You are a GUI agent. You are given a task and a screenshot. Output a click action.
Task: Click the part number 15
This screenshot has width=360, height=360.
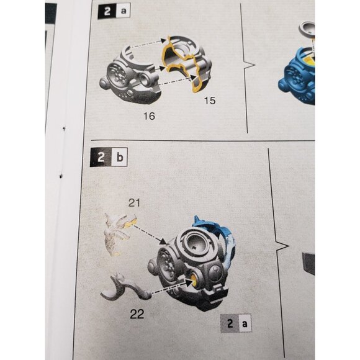pyautogui.click(x=210, y=101)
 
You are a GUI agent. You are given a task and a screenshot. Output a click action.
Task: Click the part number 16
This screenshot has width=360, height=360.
pyautogui.click(x=149, y=116)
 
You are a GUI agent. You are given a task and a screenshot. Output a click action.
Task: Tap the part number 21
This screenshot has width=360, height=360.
pyautogui.click(x=134, y=203)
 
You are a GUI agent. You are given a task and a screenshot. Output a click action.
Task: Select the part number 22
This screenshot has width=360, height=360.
pyautogui.click(x=137, y=314)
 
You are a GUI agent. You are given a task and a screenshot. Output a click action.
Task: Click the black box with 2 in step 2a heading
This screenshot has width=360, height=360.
pyautogui.click(x=107, y=11)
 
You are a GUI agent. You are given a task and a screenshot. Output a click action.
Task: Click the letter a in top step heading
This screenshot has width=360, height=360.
pyautogui.click(x=124, y=11)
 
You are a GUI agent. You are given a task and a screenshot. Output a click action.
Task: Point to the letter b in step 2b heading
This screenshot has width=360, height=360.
pyautogui.click(x=120, y=157)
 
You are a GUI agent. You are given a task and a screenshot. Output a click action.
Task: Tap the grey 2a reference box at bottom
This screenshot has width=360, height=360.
pyautogui.click(x=236, y=323)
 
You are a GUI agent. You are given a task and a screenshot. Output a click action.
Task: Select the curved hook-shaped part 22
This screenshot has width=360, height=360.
pyautogui.click(x=125, y=287)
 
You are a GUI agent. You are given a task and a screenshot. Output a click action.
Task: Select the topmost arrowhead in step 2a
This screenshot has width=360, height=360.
pyautogui.click(x=163, y=40)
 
